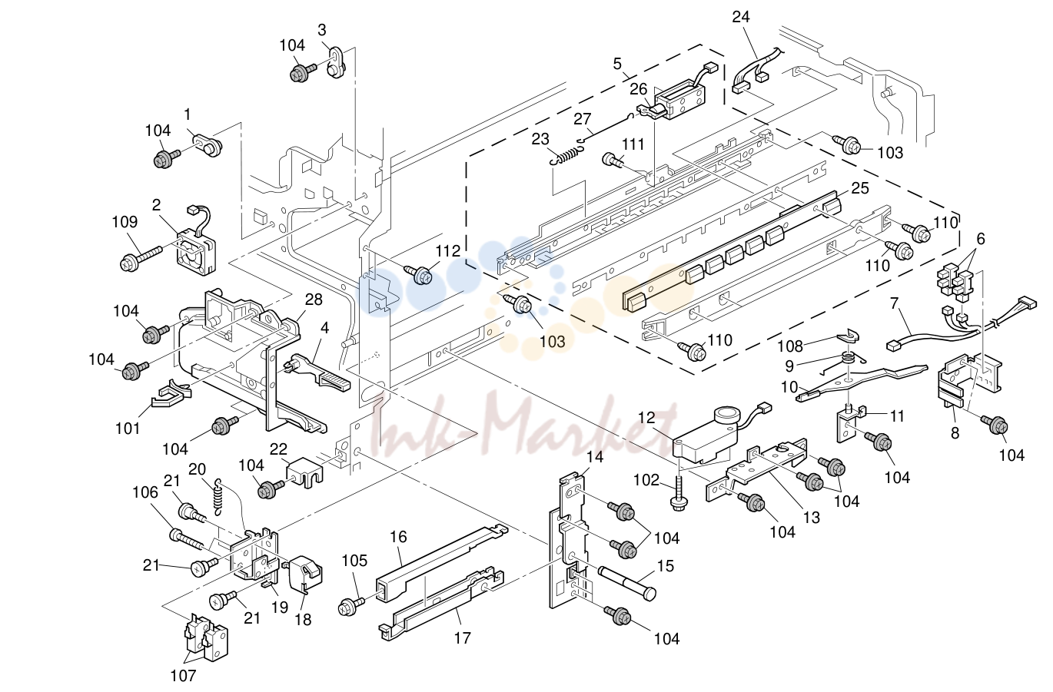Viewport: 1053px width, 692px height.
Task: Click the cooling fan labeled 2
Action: coord(195,251)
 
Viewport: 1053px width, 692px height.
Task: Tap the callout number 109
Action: coord(125,221)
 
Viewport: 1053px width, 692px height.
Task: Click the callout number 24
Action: coord(740,17)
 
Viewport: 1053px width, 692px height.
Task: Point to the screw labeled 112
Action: coord(420,275)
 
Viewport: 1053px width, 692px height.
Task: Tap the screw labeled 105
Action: coord(351,605)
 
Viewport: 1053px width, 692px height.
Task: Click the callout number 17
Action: coord(462,637)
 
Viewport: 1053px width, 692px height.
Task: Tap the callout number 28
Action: coord(314,300)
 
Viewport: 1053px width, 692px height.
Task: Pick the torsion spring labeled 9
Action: coord(846,362)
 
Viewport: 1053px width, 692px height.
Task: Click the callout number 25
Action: coord(860,188)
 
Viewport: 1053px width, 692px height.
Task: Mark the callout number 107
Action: coord(183,676)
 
